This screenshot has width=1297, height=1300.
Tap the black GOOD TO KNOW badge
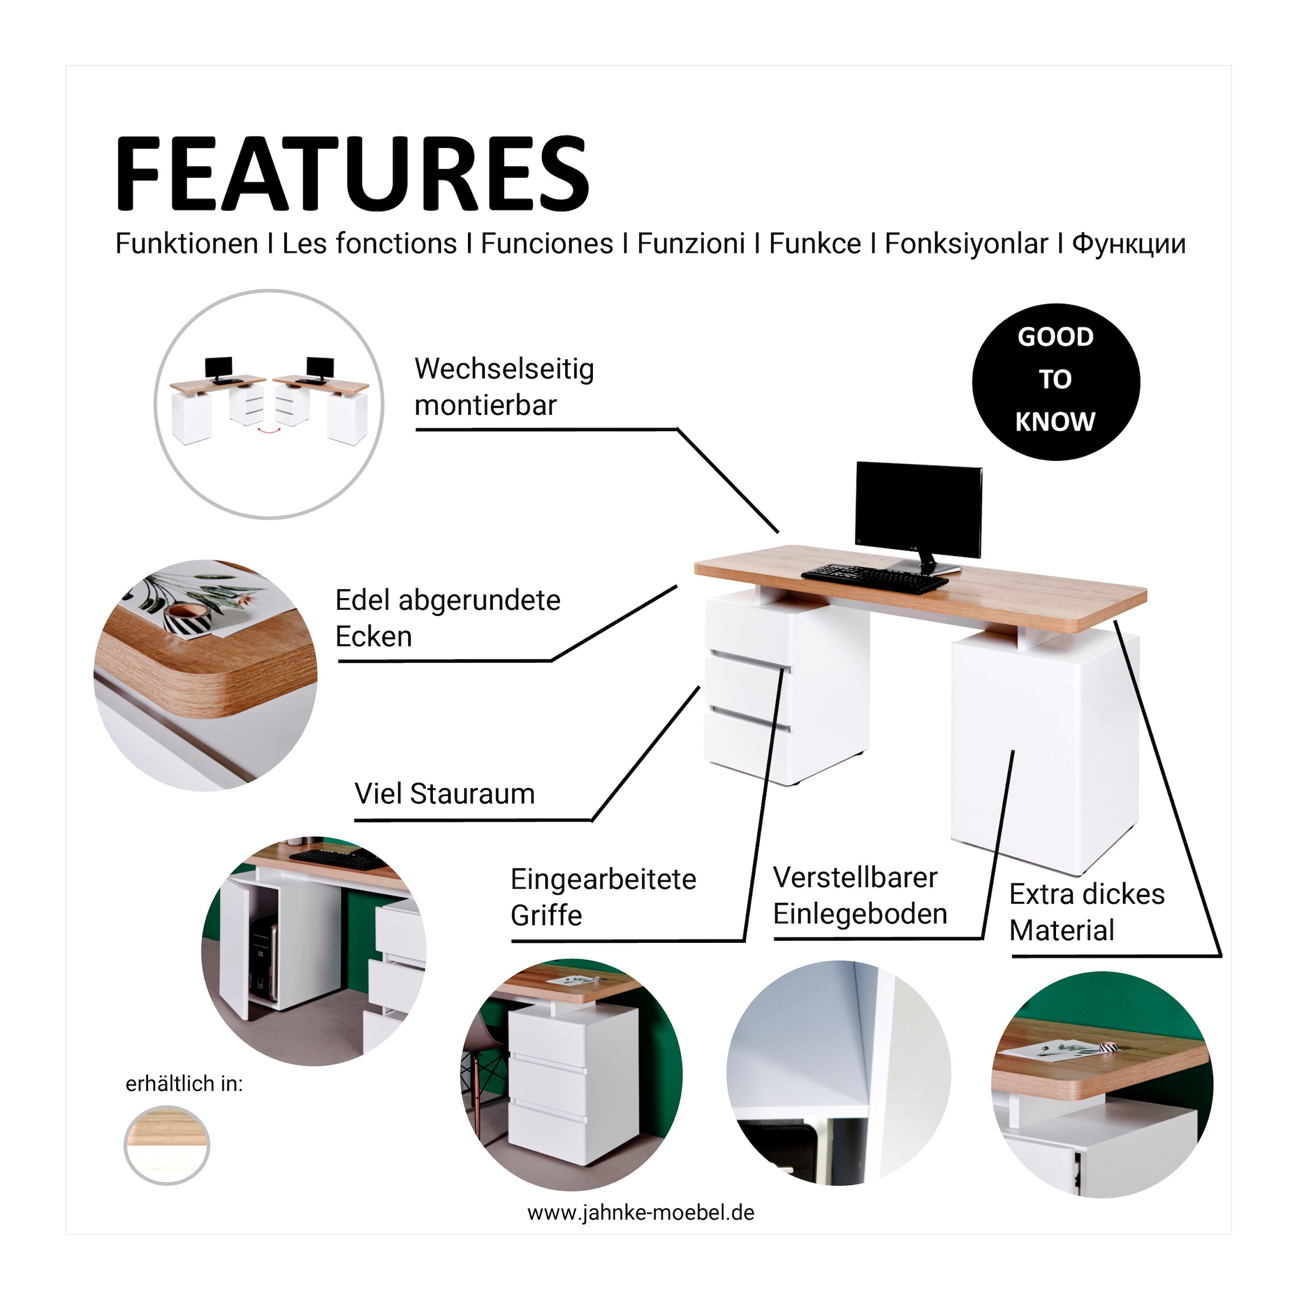(1055, 381)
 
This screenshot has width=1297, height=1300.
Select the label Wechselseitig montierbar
(504, 387)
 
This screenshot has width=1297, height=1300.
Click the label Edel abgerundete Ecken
(447, 618)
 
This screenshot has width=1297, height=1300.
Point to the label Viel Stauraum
(444, 794)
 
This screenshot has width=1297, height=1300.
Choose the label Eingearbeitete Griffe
(603, 897)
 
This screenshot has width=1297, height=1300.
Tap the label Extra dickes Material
(1086, 913)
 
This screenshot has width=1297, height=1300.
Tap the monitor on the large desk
(919, 517)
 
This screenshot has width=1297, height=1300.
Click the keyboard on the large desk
(874, 579)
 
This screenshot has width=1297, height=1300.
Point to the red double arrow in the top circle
(270, 428)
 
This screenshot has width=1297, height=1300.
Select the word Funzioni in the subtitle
(691, 244)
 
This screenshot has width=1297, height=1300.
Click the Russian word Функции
(1129, 244)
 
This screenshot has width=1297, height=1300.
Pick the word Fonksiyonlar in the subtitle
(966, 244)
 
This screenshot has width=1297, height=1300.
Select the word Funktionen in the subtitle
(186, 244)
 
